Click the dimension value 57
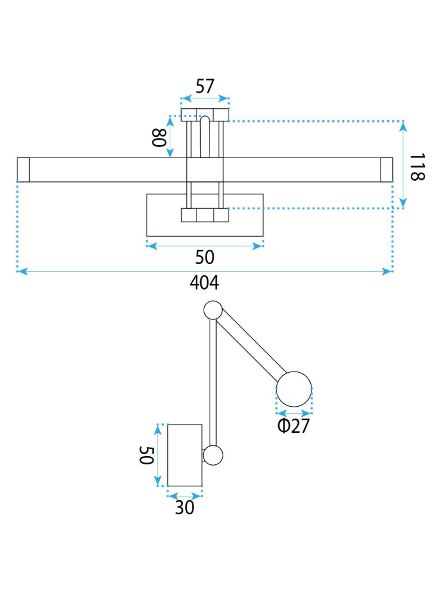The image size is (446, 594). pos(205,87)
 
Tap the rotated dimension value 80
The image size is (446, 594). pos(158,138)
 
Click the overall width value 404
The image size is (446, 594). pos(204,283)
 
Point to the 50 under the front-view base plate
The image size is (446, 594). pos(204,257)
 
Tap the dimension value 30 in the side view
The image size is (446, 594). pos(185,507)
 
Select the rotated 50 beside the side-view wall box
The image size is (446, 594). pos(146,456)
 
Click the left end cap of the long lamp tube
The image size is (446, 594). pos(23,169)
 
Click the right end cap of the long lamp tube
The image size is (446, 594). pos(386,169)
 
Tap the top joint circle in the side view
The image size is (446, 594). pos(213,310)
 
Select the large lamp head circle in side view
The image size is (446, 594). pos(294,389)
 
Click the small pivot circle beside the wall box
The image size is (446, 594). pos(213,455)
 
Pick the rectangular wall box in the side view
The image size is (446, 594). pos(185,455)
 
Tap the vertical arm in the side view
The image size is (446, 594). pos(213,381)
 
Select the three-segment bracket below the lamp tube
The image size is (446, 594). pos(205,215)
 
